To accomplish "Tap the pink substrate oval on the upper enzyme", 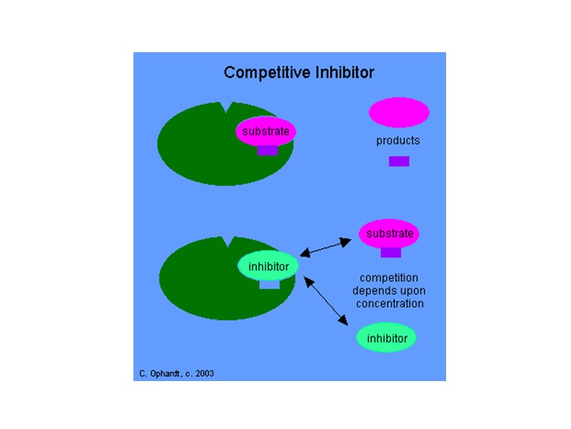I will [x=266, y=132].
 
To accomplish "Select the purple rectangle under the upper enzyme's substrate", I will [x=268, y=150].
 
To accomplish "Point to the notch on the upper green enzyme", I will [x=228, y=109].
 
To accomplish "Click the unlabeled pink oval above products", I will [x=398, y=112].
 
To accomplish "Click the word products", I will [x=398, y=141].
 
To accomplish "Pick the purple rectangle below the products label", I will [x=399, y=162].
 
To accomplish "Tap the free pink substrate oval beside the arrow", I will [x=389, y=234].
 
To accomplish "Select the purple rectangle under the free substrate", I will [x=391, y=252].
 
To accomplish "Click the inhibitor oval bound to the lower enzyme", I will [x=268, y=267].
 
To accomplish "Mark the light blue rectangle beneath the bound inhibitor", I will [x=269, y=285].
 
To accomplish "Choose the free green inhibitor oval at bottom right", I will [x=386, y=337].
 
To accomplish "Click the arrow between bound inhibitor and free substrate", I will [x=325, y=247].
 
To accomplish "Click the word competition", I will [x=389, y=277].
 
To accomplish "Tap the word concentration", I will [x=388, y=303].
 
